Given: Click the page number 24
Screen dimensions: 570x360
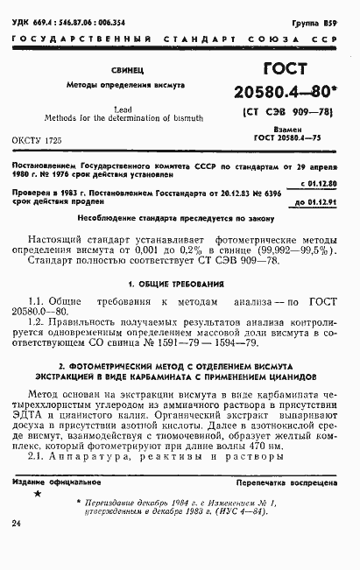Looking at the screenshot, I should (x=17, y=523).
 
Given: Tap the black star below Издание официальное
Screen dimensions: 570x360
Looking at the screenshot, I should (x=37, y=495).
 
